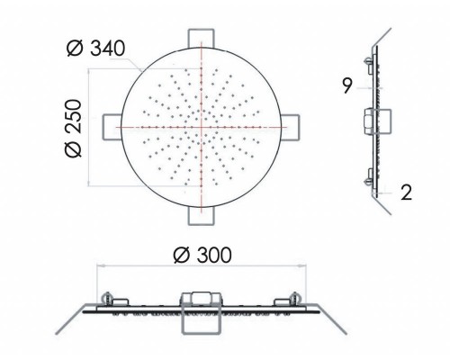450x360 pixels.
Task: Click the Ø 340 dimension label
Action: (95, 49)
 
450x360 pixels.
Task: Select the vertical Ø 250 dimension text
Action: (73, 129)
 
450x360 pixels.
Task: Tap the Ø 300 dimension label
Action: (202, 256)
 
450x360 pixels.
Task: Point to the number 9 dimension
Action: (347, 85)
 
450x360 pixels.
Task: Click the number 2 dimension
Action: (407, 193)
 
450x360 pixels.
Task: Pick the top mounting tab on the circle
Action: (202, 39)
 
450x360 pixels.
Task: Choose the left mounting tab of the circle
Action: (112, 127)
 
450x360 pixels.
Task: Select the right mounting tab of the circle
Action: (291, 127)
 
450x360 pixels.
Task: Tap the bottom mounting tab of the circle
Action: (202, 216)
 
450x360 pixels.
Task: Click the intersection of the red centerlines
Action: (202, 127)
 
